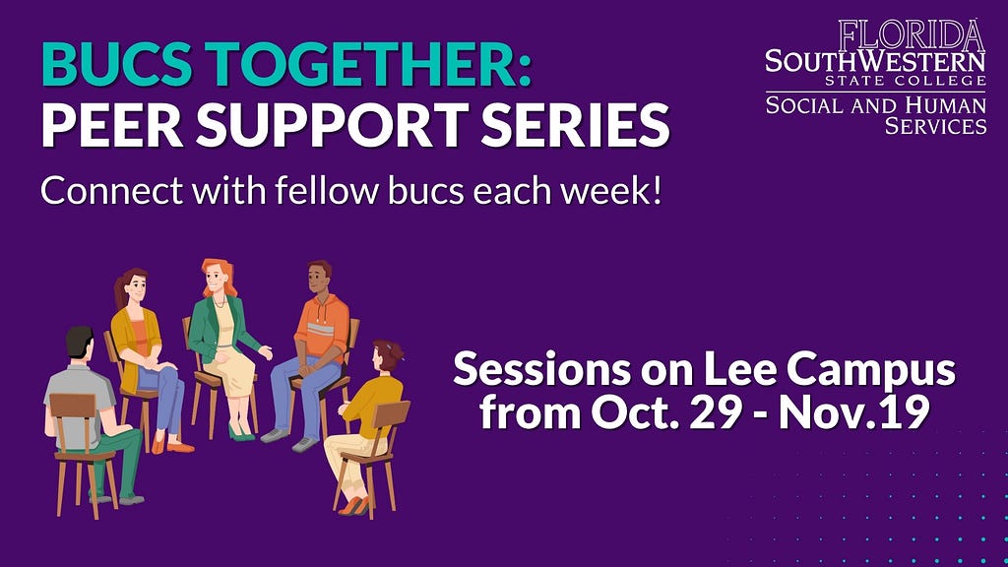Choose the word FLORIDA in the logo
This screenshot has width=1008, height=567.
point(912,36)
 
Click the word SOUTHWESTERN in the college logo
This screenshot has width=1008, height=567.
point(875,62)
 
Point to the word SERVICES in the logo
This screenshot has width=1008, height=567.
point(935,126)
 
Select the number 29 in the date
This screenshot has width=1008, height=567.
point(718,413)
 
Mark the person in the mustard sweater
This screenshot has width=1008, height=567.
point(368,413)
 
